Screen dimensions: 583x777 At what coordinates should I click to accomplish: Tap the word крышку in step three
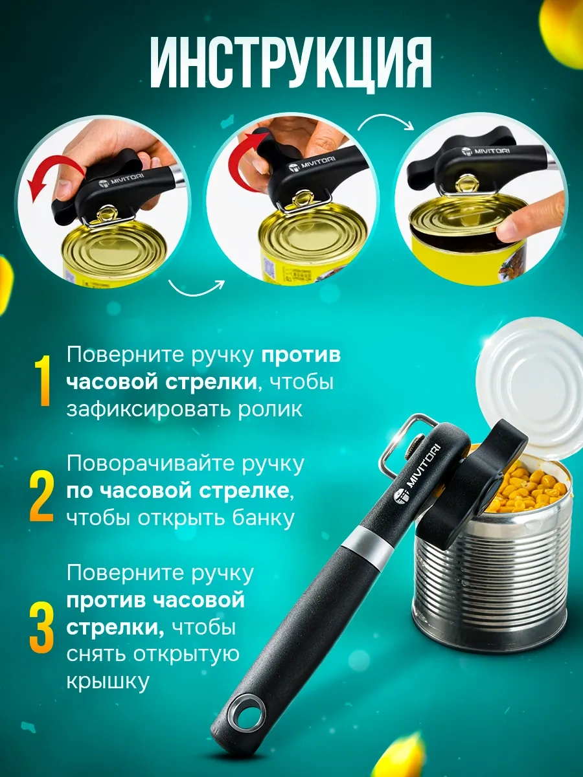pyautogui.click(x=108, y=682)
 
